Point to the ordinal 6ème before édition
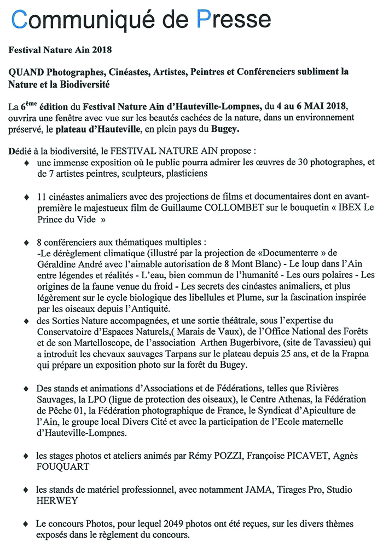point(26,105)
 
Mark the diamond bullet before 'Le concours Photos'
point(26,524)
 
